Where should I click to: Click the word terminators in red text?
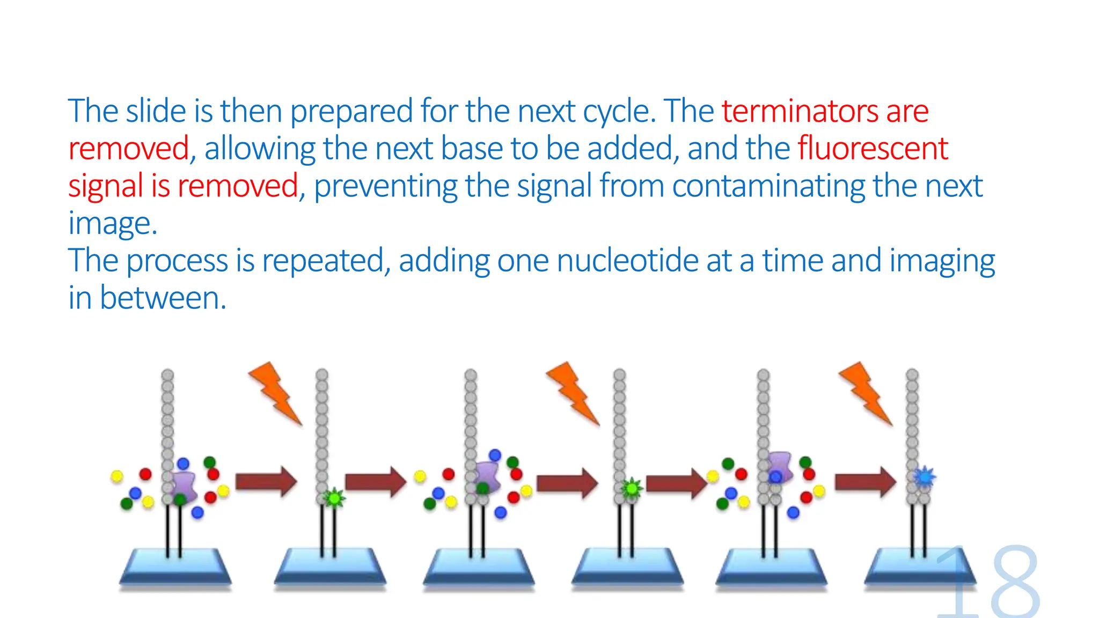click(x=800, y=112)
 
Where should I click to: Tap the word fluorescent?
click(x=873, y=149)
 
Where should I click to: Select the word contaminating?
click(x=768, y=186)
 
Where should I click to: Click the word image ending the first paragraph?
click(x=112, y=224)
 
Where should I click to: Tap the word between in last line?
click(x=163, y=298)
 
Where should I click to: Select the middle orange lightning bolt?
click(x=572, y=393)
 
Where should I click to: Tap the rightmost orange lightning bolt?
click(x=865, y=393)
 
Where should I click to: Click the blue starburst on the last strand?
click(x=924, y=476)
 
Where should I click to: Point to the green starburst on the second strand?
click(x=335, y=498)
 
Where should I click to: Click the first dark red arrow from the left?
click(x=266, y=481)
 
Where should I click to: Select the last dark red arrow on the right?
click(x=865, y=481)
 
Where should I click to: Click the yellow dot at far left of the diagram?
click(x=116, y=476)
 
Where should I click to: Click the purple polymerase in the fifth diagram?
click(x=780, y=466)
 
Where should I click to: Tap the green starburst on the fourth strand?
click(x=632, y=488)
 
